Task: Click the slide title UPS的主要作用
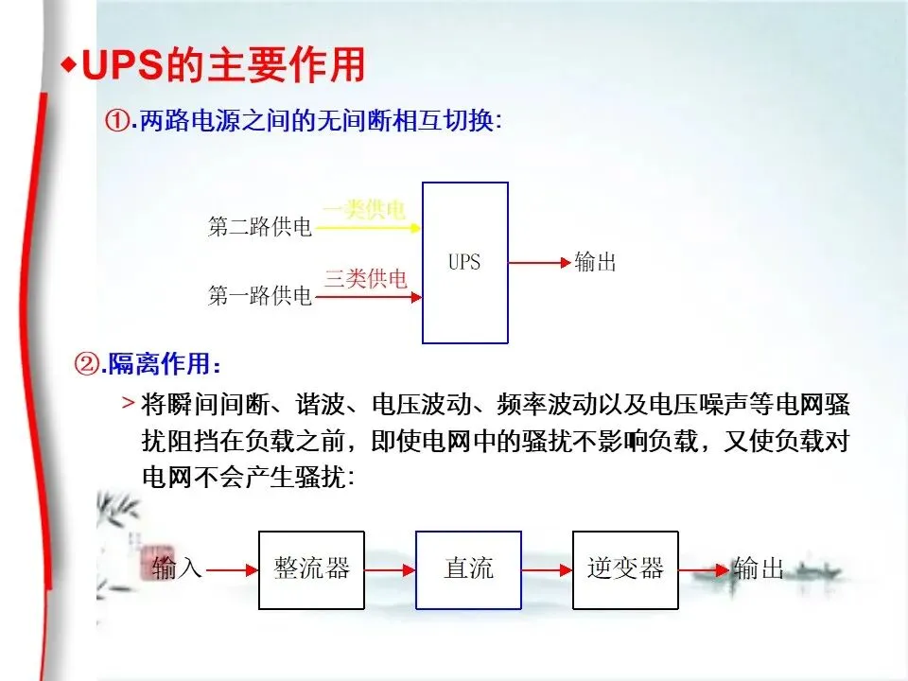223,65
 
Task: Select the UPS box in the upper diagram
464,262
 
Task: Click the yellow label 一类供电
364,210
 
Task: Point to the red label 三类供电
366,278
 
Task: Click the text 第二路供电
259,228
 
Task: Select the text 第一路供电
259,296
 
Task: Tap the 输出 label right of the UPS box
596,262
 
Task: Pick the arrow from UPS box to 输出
539,262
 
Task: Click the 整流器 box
311,568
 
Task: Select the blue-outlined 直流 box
468,568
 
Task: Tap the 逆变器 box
625,568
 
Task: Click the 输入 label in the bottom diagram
177,568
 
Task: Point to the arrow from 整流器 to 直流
390,569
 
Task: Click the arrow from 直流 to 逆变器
547,569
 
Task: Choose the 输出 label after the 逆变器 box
760,568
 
